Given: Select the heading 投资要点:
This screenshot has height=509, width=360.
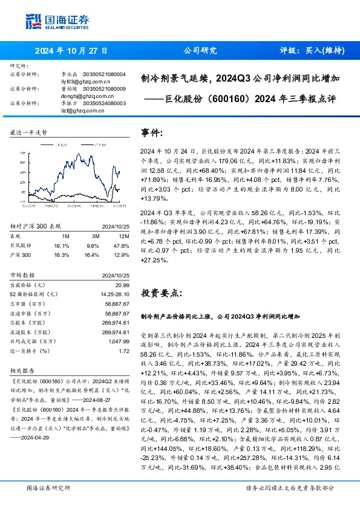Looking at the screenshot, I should click(x=160, y=293).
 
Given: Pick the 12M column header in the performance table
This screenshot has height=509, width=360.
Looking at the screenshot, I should click(x=125, y=237).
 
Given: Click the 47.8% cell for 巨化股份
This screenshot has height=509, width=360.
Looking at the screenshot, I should click(x=123, y=246).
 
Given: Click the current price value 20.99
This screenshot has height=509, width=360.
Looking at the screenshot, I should click(x=123, y=285).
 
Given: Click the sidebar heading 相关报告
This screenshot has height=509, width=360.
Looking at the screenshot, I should click(x=23, y=371).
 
